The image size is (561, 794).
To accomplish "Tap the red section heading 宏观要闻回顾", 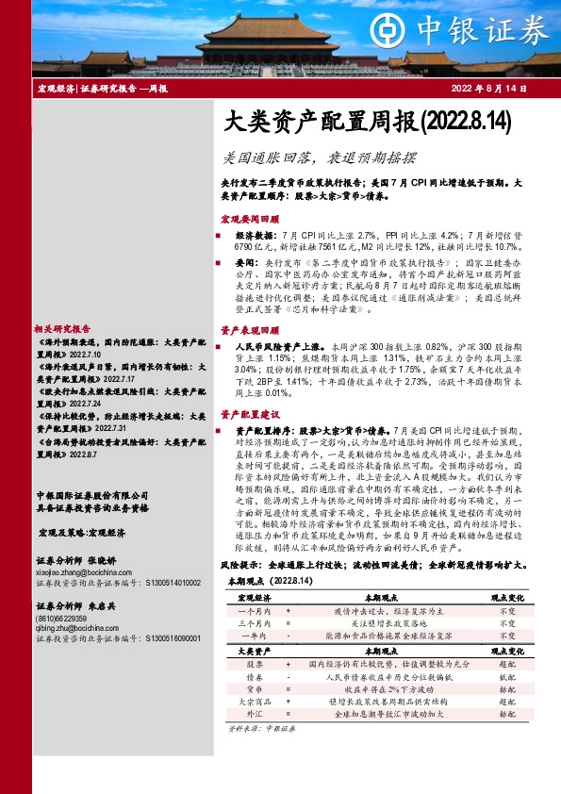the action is click(246, 218).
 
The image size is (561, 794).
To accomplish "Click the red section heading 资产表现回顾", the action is click(246, 331).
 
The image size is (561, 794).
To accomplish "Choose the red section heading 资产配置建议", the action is click(246, 414).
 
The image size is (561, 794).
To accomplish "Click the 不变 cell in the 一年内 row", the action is click(505, 637).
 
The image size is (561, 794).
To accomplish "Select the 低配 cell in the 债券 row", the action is click(505, 677).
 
